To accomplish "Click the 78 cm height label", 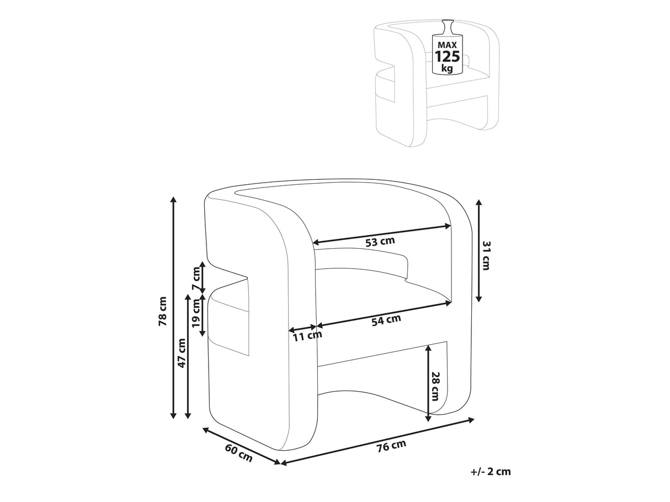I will pos(162,312).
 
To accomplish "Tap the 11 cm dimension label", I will pos(306,335).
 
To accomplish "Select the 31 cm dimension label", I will pos(486,255).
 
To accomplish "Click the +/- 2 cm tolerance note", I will pos(491,472).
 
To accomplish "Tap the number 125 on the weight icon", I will pos(448,57).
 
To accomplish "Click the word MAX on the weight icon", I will pos(448,44).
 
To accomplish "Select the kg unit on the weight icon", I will pos(447,69).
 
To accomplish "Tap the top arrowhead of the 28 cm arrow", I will pos(429,348).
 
